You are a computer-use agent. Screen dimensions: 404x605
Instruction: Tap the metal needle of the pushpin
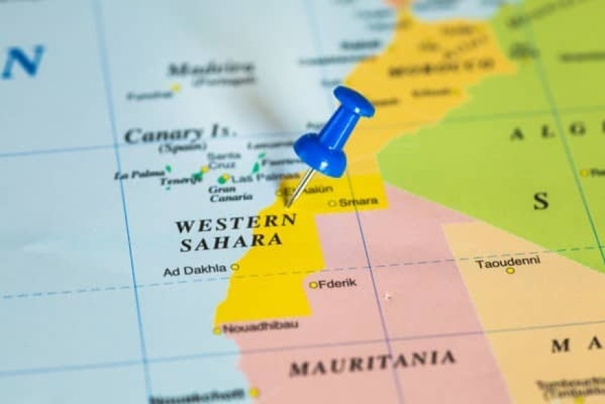click(299, 188)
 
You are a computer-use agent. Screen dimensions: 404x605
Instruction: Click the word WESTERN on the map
click(235, 223)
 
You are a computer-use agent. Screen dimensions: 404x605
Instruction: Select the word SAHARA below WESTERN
click(231, 241)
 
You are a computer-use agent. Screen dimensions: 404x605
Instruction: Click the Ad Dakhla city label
click(194, 270)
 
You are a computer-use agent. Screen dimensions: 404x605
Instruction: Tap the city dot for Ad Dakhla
click(235, 266)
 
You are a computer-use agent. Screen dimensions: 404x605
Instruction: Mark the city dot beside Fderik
click(313, 284)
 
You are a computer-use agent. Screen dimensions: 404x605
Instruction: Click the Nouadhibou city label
click(260, 327)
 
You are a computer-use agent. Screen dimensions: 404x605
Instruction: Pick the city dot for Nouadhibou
click(217, 331)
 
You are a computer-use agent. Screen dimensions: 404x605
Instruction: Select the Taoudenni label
click(508, 262)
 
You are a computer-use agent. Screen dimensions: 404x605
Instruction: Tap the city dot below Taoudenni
click(510, 270)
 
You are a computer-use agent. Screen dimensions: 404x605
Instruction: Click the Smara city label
click(358, 201)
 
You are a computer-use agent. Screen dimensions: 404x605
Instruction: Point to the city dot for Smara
click(332, 203)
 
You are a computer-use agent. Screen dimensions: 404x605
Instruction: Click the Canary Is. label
click(180, 134)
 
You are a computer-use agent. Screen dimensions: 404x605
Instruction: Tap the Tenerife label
click(181, 181)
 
